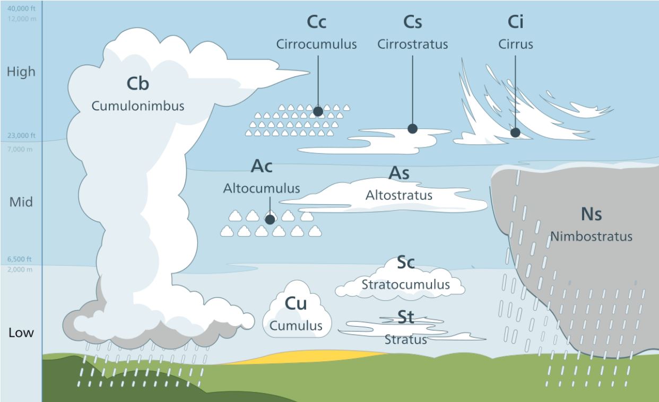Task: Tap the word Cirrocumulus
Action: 316,44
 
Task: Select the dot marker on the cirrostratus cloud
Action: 412,128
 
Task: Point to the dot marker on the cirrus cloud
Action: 515,133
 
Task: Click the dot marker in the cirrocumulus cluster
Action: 318,111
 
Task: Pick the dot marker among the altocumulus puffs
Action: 270,219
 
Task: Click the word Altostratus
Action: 399,195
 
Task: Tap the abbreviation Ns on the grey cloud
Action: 591,214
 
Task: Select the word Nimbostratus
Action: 591,236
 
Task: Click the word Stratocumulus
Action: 405,284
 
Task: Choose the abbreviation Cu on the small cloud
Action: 297,304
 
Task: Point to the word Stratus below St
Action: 405,339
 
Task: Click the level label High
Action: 21,72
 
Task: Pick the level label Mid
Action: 21,202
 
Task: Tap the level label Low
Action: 21,333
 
